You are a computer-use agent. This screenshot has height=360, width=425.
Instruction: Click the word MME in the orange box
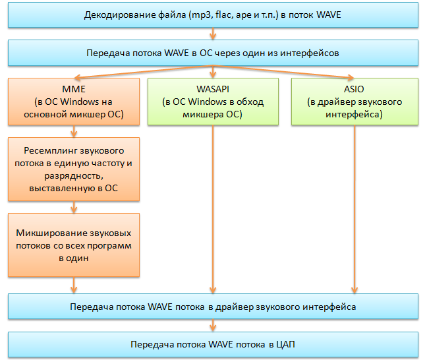(x=73, y=89)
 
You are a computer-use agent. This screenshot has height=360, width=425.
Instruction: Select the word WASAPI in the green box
(x=212, y=89)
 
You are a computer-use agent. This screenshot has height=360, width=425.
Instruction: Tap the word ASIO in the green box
(x=354, y=89)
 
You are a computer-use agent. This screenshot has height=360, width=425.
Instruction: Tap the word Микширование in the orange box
(x=51, y=234)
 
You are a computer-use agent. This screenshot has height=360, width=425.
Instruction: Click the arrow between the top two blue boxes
(x=212, y=33)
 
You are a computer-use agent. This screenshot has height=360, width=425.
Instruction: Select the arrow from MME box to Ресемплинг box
(x=73, y=131)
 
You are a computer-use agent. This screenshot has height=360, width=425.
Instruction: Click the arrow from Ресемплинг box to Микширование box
(x=73, y=207)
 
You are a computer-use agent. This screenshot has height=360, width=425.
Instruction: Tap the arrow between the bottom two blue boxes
(x=212, y=324)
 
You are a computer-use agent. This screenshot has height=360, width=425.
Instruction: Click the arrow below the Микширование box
(x=73, y=285)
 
